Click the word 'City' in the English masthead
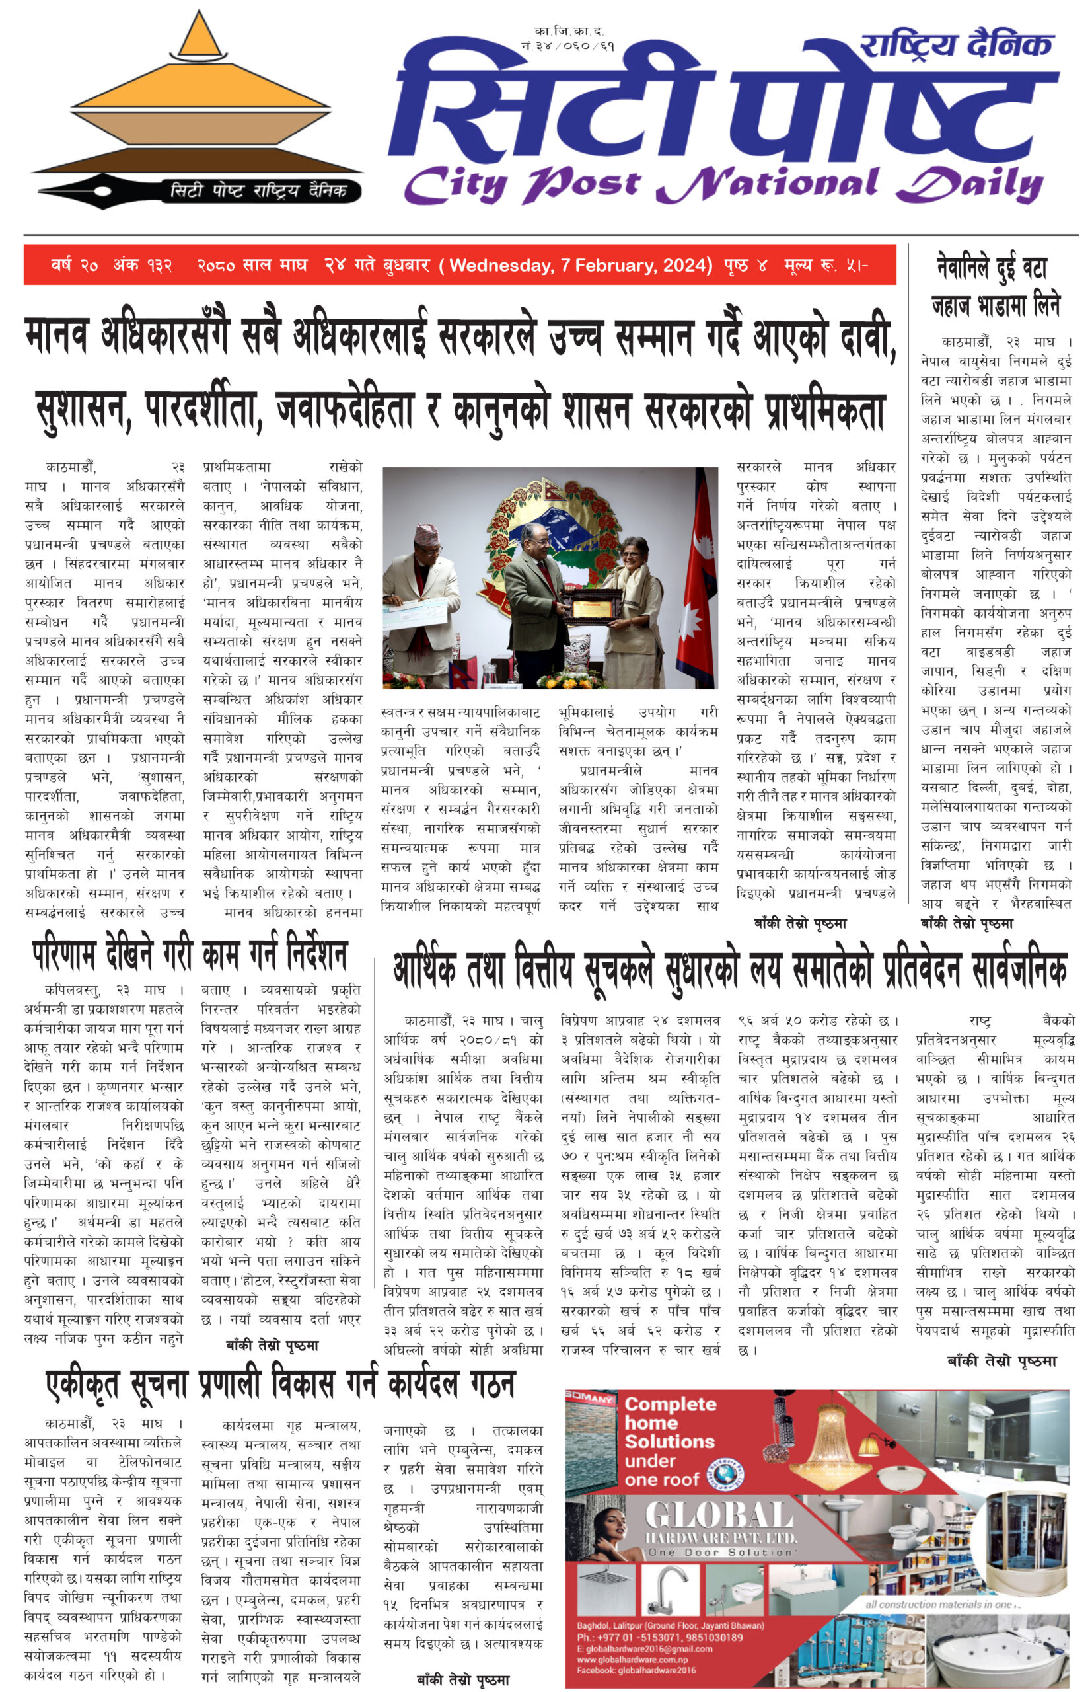click(455, 185)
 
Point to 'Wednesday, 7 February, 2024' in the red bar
click(580, 265)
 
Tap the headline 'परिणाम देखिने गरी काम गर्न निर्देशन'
click(190, 954)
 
